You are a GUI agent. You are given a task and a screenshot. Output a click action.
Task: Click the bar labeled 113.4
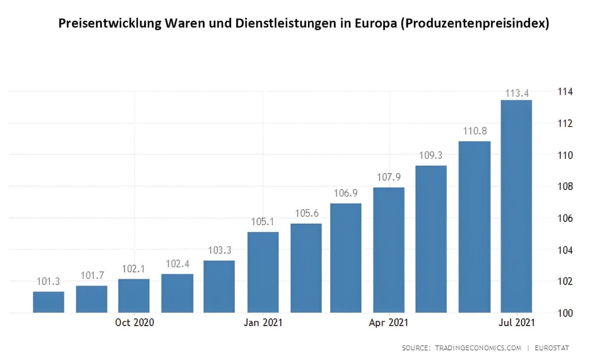point(516,206)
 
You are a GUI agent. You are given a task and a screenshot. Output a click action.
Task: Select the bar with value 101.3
point(49,302)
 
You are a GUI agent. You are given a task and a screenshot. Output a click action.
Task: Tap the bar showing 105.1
point(263,272)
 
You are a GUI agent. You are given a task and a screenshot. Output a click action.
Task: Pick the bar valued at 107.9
point(389,250)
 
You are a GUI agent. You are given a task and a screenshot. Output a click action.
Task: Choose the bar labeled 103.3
point(219,287)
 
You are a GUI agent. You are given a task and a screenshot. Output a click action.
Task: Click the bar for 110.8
point(475,227)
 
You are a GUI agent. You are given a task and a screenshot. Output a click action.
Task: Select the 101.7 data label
point(92,276)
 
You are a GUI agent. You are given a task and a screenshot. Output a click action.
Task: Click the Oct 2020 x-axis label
point(135,323)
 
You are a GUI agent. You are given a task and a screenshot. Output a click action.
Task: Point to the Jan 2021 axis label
point(263,323)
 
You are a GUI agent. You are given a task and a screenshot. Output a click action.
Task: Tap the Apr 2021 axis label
point(388,323)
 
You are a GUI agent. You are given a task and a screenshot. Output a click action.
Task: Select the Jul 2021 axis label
point(515,323)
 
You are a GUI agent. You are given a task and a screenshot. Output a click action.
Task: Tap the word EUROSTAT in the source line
point(552,348)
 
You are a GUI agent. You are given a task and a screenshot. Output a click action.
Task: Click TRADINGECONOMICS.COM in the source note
point(478,348)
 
